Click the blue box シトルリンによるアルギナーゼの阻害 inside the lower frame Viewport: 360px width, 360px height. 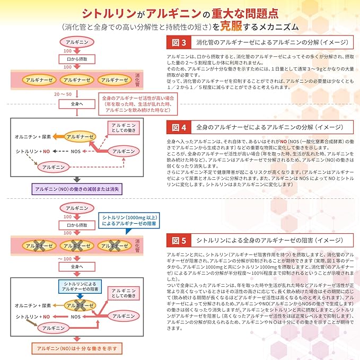79,287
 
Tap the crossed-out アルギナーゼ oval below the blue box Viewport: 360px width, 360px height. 79,305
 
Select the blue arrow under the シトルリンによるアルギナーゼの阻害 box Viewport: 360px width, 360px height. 79,296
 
